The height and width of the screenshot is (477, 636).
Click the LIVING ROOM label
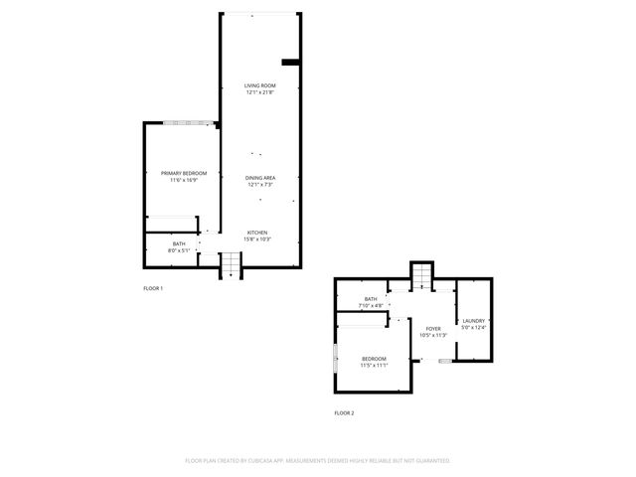pyautogui.click(x=259, y=86)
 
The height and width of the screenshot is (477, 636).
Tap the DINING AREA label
pyautogui.click(x=259, y=177)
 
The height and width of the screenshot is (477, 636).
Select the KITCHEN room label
pyautogui.click(x=257, y=233)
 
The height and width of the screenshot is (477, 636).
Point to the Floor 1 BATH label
pyautogui.click(x=179, y=243)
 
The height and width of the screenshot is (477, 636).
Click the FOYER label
pyautogui.click(x=433, y=329)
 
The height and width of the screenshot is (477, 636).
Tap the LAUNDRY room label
pyautogui.click(x=473, y=321)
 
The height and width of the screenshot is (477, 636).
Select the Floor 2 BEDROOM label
pyautogui.click(x=374, y=358)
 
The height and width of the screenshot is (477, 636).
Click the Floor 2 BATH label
pyautogui.click(x=371, y=299)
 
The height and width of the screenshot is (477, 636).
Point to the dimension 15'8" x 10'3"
pyautogui.click(x=257, y=239)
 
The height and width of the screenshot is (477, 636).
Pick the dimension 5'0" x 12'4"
pyautogui.click(x=473, y=328)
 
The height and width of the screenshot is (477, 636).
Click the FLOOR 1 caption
pyautogui.click(x=153, y=288)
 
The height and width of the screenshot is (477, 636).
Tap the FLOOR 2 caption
pyautogui.click(x=344, y=412)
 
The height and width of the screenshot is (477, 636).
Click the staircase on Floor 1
pyautogui.click(x=231, y=264)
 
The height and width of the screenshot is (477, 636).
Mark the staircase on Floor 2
pyautogui.click(x=422, y=274)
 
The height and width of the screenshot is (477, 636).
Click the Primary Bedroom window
pyautogui.click(x=189, y=123)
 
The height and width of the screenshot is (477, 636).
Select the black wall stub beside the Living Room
pyautogui.click(x=291, y=63)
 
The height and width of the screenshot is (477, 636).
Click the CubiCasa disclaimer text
pyautogui.click(x=318, y=460)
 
